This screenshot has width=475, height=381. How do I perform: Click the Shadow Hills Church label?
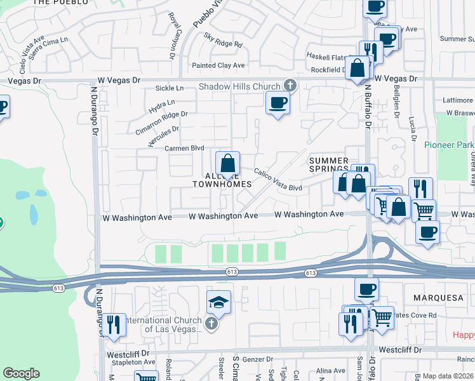point(240,86)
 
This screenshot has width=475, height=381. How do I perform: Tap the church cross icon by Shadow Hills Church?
point(290,85)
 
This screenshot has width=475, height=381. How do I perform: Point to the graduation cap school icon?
point(218,302)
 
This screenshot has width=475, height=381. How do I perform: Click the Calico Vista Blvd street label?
point(278,180)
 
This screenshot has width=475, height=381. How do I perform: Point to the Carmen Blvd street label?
point(180,148)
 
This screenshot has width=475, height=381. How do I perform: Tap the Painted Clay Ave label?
point(218,65)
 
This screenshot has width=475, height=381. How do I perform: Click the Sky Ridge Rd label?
point(223,40)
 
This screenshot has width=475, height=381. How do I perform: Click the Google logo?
point(21,373)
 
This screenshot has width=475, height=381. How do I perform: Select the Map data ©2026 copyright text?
point(448,376)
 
